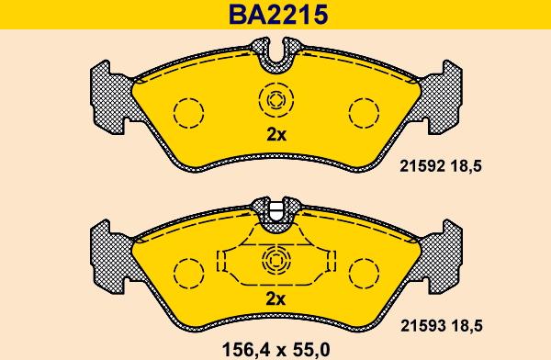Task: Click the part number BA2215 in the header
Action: (278, 15)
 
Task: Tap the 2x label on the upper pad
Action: (276, 135)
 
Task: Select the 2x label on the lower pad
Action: (275, 299)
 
